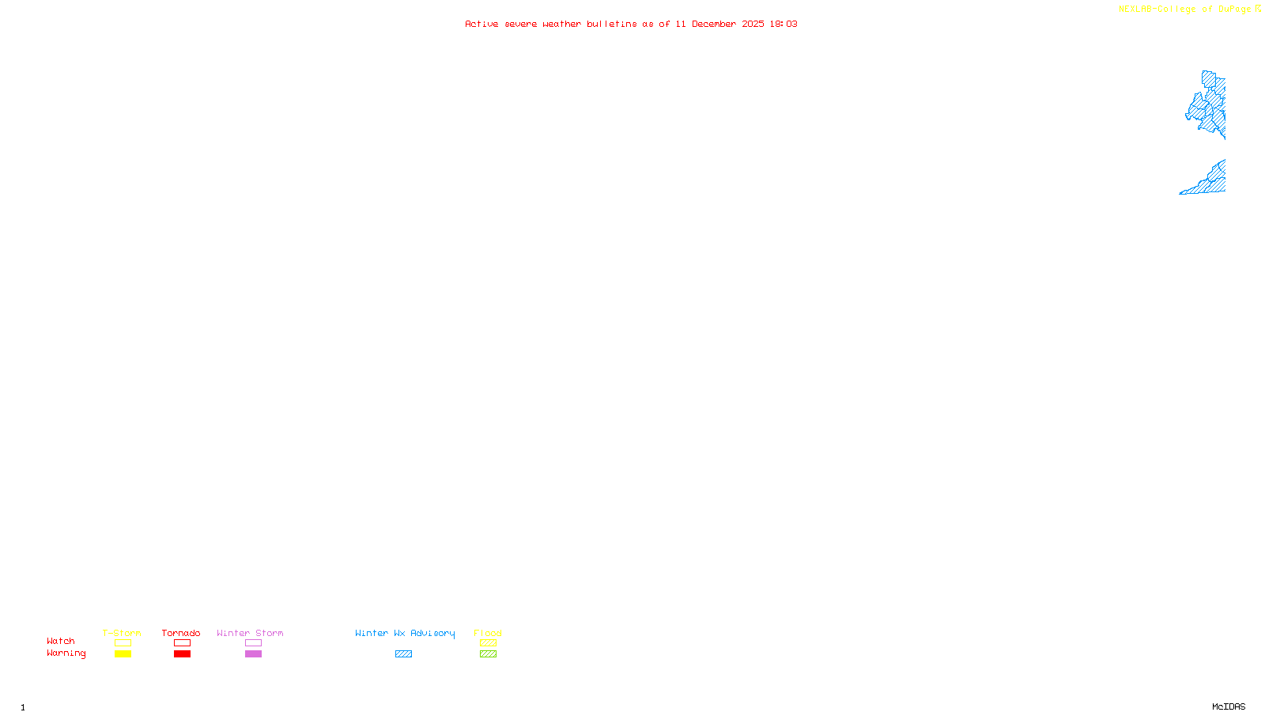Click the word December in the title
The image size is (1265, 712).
714,25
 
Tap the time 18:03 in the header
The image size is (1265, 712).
783,25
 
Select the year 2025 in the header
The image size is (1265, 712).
753,25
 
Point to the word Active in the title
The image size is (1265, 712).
481,25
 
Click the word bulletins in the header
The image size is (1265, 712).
612,25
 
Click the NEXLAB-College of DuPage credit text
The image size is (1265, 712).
1184,9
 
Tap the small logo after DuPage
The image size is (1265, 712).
1258,9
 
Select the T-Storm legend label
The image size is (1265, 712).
122,633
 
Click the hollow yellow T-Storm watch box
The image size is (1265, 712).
123,643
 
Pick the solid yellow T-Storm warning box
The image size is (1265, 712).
123,654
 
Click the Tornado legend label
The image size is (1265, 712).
181,633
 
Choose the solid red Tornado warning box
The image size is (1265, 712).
182,654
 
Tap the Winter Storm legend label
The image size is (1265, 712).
250,633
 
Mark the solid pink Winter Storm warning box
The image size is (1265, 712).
253,654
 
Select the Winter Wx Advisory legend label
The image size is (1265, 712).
405,633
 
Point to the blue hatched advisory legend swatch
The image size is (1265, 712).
403,654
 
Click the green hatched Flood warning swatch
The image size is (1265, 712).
488,654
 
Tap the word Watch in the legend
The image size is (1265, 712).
61,642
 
